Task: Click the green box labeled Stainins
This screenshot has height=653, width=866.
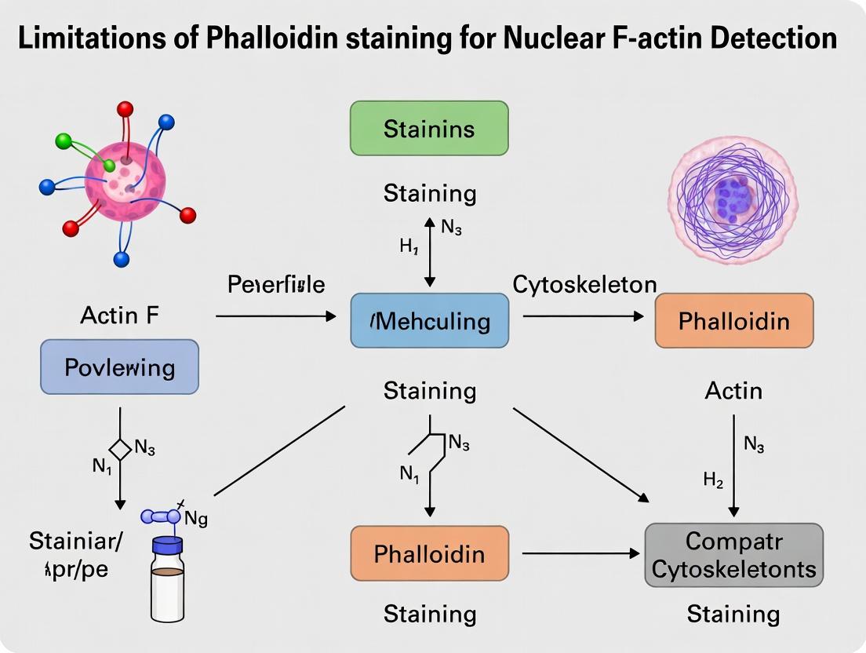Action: [429, 128]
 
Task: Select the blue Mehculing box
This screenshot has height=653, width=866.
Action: [429, 320]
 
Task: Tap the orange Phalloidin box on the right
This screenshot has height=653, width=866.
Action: [733, 320]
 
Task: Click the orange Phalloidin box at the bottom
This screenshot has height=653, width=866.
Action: [429, 553]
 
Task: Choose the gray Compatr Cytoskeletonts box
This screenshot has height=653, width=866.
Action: [733, 555]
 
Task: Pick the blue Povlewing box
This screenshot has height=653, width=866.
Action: [119, 367]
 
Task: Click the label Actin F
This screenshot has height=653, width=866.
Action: [119, 316]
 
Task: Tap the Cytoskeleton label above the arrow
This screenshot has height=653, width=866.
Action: [584, 284]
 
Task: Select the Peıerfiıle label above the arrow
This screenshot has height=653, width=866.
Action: [276, 284]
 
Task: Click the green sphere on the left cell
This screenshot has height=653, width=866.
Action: [64, 141]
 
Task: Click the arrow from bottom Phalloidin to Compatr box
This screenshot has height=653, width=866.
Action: [580, 554]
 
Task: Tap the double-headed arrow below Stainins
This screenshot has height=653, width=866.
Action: [429, 252]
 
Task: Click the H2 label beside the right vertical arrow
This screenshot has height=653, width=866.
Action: [713, 481]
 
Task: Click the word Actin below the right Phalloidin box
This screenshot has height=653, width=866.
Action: [733, 390]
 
